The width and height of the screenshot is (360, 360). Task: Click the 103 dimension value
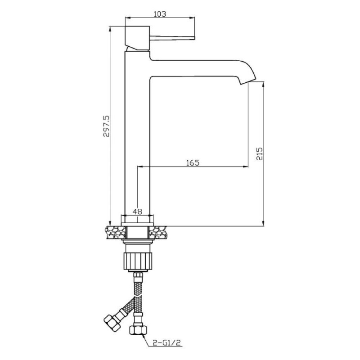pyautogui.click(x=160, y=14)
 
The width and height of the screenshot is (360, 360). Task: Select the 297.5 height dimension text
pyautogui.click(x=106, y=126)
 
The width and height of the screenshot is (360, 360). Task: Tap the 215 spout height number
pyautogui.click(x=260, y=154)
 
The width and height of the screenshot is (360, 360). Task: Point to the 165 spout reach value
pyautogui.click(x=193, y=162)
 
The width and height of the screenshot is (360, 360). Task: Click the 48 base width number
pyautogui.click(x=138, y=211)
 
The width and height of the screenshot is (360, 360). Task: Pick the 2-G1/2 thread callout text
pyautogui.click(x=166, y=343)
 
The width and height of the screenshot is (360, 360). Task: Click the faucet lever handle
pyautogui.click(x=172, y=38)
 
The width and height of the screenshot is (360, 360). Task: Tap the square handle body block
pyautogui.click(x=137, y=38)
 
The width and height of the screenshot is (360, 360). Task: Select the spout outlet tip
pyautogui.click(x=247, y=81)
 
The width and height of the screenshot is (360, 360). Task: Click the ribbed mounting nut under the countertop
pyautogui.click(x=138, y=261)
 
